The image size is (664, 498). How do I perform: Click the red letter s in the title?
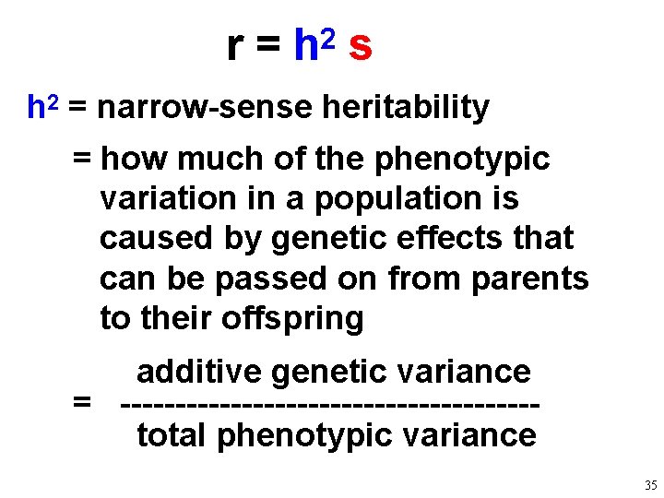[361, 46]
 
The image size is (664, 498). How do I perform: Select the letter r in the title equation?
[235, 46]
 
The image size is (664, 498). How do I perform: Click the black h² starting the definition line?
[42, 108]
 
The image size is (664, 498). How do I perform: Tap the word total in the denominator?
[172, 434]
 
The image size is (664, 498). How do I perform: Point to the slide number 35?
[650, 485]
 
